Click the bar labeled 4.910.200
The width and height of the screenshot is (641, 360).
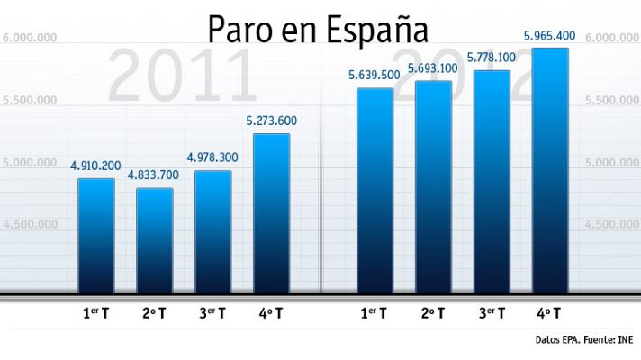pyautogui.click(x=96, y=236)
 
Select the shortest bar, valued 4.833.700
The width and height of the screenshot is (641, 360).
pyautogui.click(x=155, y=240)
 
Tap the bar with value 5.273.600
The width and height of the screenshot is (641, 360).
pyautogui.click(x=272, y=213)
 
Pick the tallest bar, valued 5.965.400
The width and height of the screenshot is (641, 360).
pyautogui.click(x=550, y=170)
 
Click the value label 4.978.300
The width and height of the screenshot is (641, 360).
pyautogui.click(x=212, y=157)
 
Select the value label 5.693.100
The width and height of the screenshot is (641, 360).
pyautogui.click(x=433, y=68)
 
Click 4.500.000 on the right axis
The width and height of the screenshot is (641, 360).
pyautogui.click(x=612, y=224)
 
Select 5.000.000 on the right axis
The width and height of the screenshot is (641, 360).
pyautogui.click(x=612, y=163)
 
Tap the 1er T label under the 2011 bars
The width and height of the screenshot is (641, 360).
pyautogui.click(x=96, y=314)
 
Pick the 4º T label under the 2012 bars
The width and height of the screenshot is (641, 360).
pyautogui.click(x=550, y=314)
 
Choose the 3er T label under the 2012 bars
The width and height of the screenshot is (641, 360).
pyautogui.click(x=492, y=314)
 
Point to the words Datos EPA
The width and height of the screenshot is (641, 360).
pyautogui.click(x=555, y=340)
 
